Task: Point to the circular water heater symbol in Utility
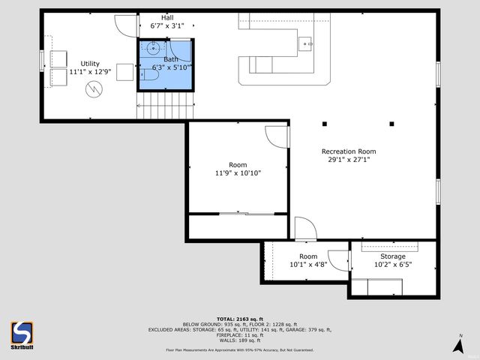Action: [94, 91]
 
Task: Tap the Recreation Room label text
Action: [348, 151]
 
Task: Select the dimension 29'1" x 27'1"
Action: [348, 159]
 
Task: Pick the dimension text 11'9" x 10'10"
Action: [237, 173]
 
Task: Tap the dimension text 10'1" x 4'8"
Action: [308, 265]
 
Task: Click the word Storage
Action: [393, 256]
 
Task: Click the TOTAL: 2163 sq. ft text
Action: [239, 318]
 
